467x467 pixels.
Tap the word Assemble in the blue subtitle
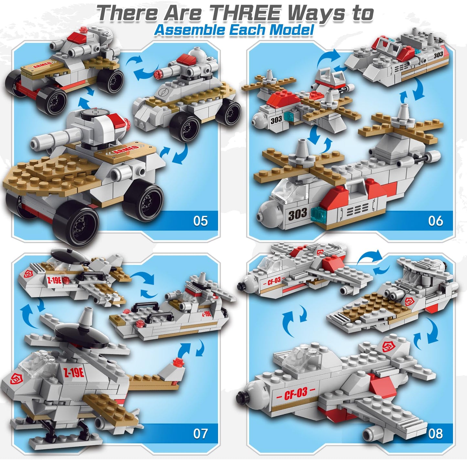(x=189, y=30)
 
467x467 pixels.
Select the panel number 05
(x=200, y=221)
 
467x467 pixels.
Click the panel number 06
(x=435, y=221)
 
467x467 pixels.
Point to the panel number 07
(x=200, y=433)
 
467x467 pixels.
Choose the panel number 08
(x=435, y=433)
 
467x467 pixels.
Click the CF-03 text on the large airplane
(x=295, y=394)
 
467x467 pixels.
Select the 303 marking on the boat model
(x=438, y=55)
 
